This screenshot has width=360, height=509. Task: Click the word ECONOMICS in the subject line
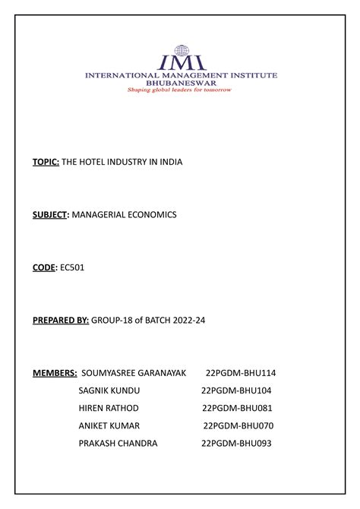(149, 215)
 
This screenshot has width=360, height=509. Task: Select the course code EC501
(74, 267)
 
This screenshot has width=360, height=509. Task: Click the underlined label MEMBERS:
(54, 373)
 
